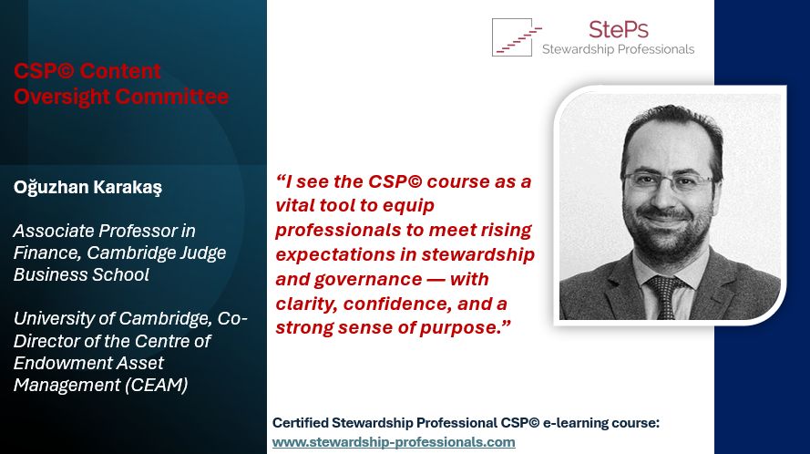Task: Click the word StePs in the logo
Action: [x=619, y=29]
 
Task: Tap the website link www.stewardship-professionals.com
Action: [x=394, y=442]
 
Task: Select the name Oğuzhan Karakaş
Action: [x=87, y=187]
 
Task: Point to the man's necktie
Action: [x=665, y=296]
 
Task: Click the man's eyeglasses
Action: [x=669, y=181]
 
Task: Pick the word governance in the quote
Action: [x=368, y=280]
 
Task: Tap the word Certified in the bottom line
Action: [x=301, y=423]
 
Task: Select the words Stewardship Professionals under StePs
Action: [x=619, y=49]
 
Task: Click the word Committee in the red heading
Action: [x=172, y=97]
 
